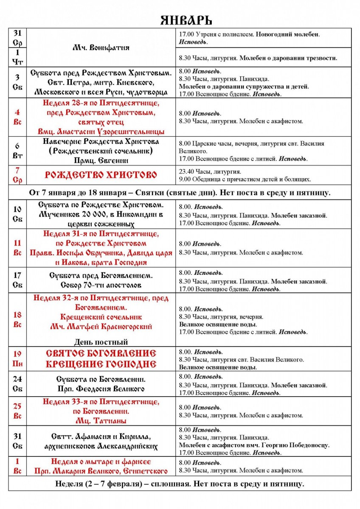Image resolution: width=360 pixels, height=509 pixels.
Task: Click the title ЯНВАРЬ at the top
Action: (x=186, y=20)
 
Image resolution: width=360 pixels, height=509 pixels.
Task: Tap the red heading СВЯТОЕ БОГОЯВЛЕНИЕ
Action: (x=101, y=353)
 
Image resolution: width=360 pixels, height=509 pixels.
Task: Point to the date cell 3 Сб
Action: (x=17, y=82)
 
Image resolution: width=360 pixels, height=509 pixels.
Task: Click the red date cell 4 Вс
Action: (x=17, y=117)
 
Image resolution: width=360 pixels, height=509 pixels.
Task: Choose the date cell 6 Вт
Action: (x=17, y=150)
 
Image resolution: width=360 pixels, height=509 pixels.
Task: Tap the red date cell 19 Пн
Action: (x=17, y=358)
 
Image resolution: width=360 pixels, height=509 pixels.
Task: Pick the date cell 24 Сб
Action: (x=17, y=384)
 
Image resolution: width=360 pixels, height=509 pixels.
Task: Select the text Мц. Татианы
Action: (x=101, y=421)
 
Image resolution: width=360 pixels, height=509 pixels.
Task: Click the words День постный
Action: (x=101, y=342)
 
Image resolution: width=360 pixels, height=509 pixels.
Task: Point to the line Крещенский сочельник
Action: (x=101, y=317)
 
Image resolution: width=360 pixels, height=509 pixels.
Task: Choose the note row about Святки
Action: (x=180, y=193)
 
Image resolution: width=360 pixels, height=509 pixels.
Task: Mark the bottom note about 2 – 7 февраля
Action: (x=180, y=484)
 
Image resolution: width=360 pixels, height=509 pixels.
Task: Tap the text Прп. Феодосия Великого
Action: (x=101, y=389)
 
